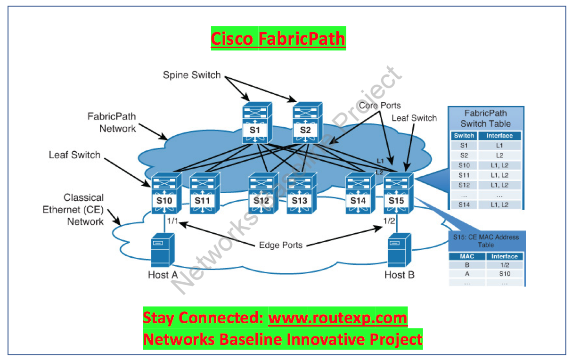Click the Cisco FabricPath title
tap(278, 38)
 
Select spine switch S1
tap(255, 123)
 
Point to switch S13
tap(300, 194)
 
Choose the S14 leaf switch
tap(358, 194)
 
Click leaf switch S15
tap(396, 194)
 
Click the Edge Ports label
tap(281, 245)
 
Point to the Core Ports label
tap(380, 105)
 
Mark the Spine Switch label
tap(192, 75)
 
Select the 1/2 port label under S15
tap(389, 221)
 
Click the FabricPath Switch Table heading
tap(485, 118)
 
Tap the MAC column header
tap(466, 256)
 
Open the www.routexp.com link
tap(337, 318)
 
